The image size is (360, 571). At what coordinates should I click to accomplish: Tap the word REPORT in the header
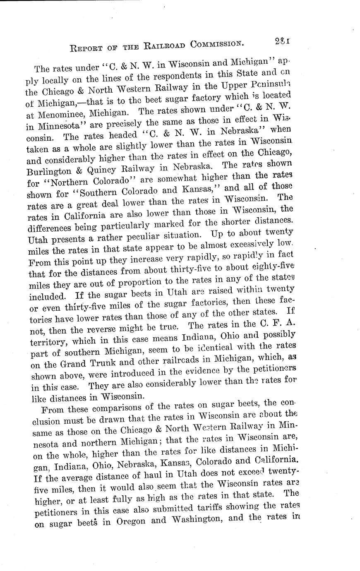(x=86, y=47)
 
